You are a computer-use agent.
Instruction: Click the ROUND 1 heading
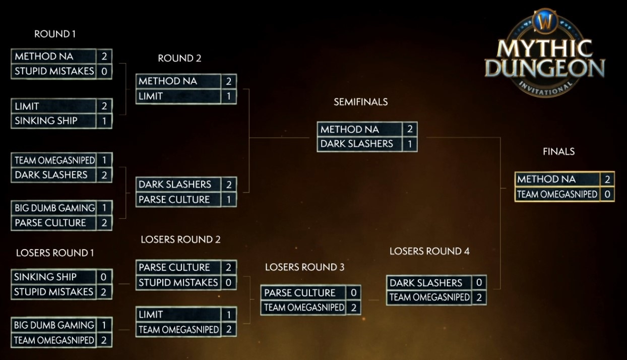coord(55,34)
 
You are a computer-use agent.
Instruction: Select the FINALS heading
coord(558,151)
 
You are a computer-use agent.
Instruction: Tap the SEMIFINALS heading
coord(360,102)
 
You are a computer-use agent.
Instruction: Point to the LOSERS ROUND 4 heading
coord(429,251)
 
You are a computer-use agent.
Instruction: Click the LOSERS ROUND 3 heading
coord(304,267)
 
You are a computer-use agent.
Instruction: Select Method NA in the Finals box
coord(546,179)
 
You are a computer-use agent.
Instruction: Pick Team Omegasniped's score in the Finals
coord(607,194)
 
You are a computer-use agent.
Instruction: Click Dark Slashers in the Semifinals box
coord(357,144)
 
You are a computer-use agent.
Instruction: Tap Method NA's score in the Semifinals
coord(410,129)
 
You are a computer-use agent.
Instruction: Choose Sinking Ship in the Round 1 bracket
coord(46,121)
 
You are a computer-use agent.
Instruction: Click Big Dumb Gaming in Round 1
coord(54,208)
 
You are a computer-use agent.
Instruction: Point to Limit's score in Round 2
coord(228,96)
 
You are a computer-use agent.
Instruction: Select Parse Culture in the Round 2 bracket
coord(174,199)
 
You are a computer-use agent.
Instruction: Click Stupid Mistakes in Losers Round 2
coord(178,282)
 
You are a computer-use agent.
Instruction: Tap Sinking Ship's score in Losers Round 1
coord(104,277)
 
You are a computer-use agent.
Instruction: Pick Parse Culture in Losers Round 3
coord(300,292)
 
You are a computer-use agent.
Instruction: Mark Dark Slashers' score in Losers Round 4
coord(479,283)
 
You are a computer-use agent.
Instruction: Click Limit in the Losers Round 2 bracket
coord(151,315)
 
